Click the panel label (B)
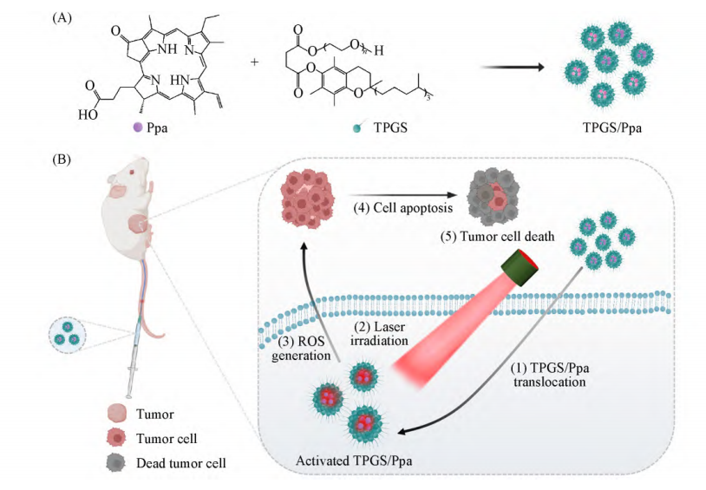[x=63, y=159]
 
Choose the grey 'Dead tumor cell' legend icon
[x=115, y=463]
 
